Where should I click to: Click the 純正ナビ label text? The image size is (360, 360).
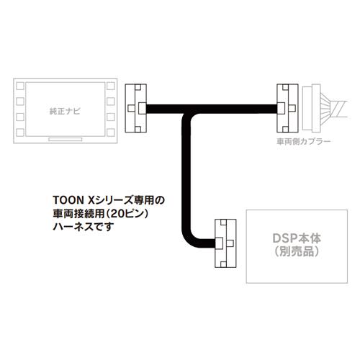coord(65,112)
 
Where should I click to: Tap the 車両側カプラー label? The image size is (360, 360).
coord(304,142)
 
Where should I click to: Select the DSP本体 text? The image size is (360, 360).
coord(297,238)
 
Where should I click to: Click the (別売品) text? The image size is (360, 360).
coord(297,251)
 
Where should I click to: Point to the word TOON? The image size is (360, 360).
coord(68,200)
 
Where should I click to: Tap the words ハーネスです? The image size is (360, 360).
coord(84,227)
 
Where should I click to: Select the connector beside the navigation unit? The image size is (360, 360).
coord(136,108)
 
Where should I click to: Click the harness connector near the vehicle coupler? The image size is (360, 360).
coord(287,108)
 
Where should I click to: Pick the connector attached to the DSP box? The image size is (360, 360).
coord(225,243)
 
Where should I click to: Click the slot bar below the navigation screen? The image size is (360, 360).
coord(66,140)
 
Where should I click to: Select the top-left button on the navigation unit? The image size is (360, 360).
coord(20,86)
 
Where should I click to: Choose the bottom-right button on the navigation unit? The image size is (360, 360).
coord(111,132)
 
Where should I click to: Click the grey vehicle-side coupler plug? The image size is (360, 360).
coord(311,108)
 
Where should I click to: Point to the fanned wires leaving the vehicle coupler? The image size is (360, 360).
coord(333,109)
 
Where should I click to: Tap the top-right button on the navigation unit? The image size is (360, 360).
coord(111,86)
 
